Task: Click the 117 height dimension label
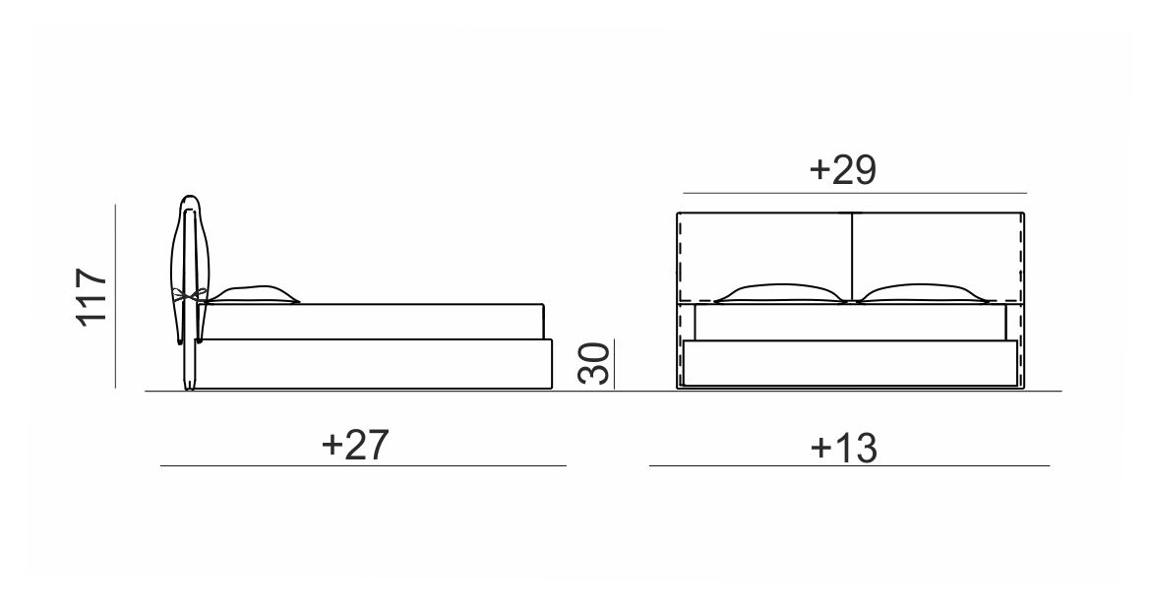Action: click(x=92, y=296)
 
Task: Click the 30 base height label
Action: click(x=593, y=363)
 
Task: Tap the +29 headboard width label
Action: click(x=843, y=169)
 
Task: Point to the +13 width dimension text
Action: click(x=843, y=447)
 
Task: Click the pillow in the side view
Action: click(x=252, y=294)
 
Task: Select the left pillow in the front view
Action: click(x=780, y=293)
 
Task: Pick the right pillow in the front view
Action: click(x=924, y=293)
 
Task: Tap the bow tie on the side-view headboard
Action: click(x=189, y=296)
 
